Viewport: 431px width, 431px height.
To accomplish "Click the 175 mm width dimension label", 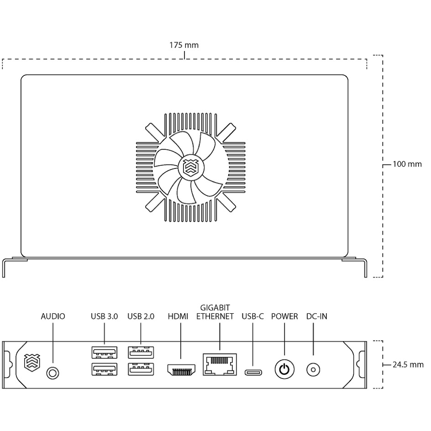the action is coord(184,45).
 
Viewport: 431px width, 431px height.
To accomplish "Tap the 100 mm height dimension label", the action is coord(407,164).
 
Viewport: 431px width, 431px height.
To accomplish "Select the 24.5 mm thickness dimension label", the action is coord(408,364).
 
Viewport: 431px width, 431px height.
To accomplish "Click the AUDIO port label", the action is coord(53,316).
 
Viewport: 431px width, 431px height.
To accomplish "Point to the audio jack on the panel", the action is coord(53,373).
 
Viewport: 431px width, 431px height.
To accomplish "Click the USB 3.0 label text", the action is coord(105,316).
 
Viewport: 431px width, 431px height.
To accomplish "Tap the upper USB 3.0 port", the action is coord(104,352).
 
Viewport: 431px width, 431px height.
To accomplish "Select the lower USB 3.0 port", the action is coord(104,369).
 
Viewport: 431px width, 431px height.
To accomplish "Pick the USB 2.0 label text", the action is coord(141,316).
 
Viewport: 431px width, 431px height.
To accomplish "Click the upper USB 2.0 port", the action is coord(141,352).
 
